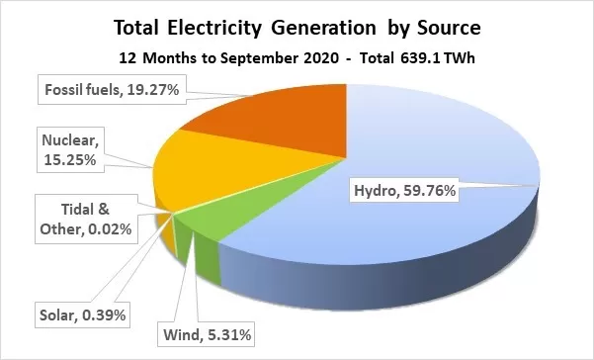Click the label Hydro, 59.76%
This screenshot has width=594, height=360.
tap(404, 190)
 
